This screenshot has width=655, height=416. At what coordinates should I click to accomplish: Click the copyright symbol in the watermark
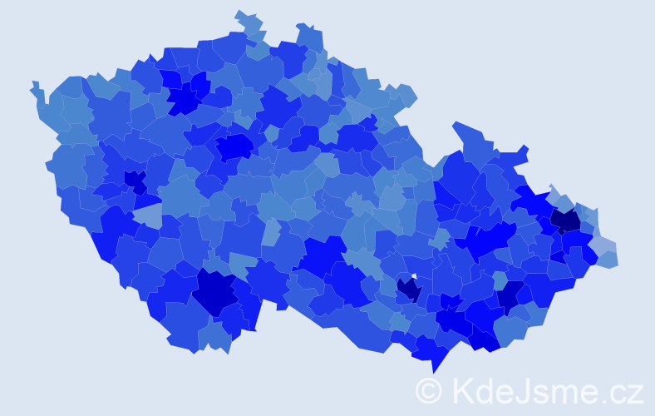point(428,390)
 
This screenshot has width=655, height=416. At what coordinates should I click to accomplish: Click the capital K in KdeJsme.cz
point(462,390)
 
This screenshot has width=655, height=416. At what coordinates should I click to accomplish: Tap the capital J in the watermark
point(528,390)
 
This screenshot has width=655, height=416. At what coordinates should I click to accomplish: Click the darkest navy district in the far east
point(565,220)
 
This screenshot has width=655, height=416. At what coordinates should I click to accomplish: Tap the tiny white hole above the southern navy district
point(413,276)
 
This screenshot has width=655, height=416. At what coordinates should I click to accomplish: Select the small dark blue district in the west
point(134,179)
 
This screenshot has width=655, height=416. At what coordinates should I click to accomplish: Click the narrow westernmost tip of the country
point(35,85)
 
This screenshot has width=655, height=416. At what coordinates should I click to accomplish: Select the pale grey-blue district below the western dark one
point(148,216)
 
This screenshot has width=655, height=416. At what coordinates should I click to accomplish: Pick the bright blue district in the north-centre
point(234,146)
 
